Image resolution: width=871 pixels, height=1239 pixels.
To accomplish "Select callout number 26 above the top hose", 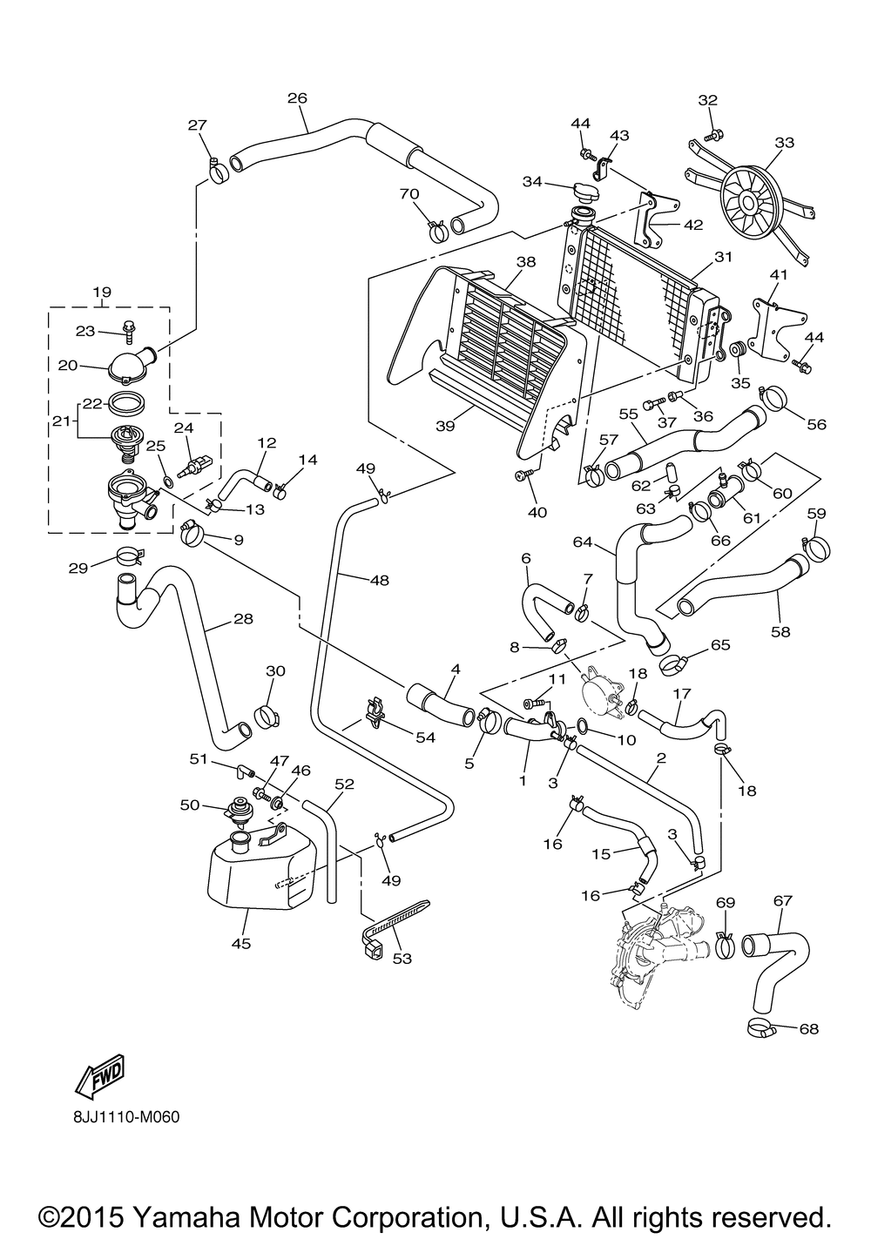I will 297,98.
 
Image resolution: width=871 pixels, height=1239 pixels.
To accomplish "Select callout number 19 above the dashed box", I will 102,293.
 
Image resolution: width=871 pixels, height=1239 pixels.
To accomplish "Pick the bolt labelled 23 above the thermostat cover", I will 130,332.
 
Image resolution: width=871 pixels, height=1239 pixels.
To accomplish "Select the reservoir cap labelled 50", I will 237,811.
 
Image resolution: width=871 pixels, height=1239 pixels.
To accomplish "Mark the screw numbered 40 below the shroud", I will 522,474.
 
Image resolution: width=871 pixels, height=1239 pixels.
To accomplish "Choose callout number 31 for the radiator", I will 724,258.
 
